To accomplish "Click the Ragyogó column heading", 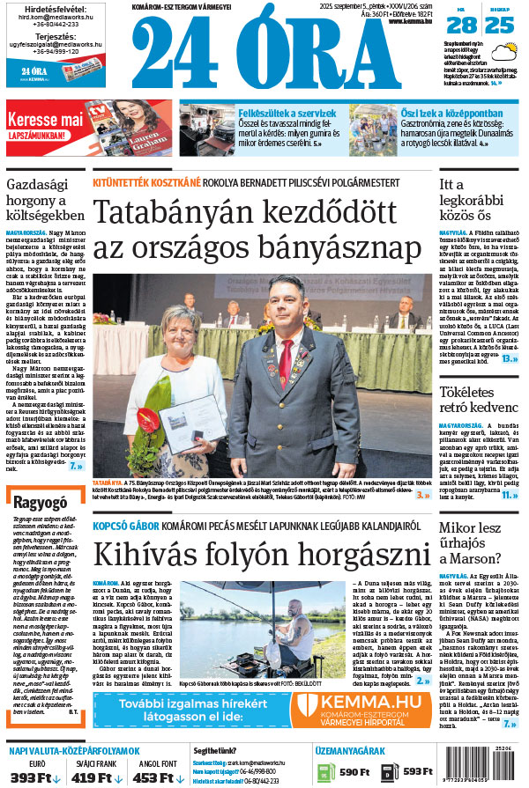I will [41, 502].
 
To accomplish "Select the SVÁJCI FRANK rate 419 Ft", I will [95, 777].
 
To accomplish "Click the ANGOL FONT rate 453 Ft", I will [156, 777].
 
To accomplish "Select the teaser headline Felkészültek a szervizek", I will [287, 114].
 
